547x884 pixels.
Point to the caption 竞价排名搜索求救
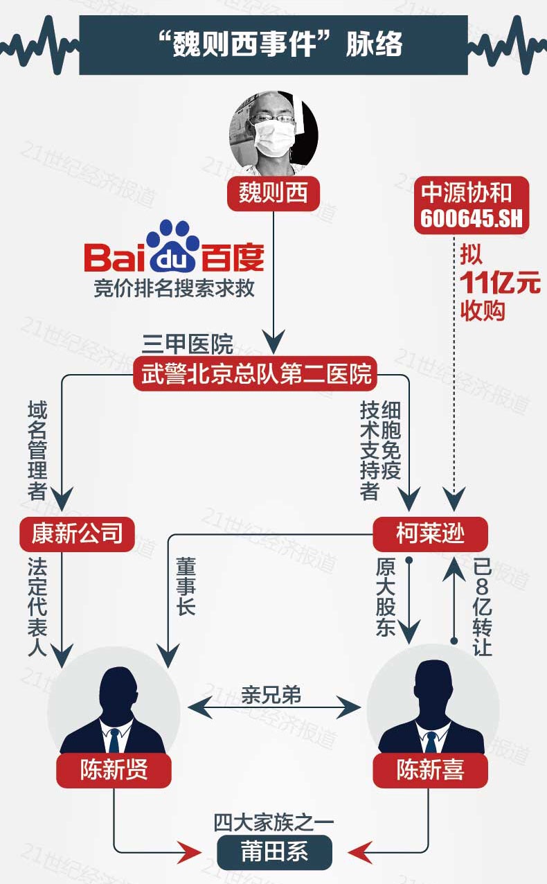pos(174,288)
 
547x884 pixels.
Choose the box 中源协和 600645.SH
pos(471,205)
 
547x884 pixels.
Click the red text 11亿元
pos(501,284)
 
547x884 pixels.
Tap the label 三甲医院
pos(188,344)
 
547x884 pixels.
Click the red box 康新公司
pos(77,533)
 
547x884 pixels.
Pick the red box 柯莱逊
pos(430,534)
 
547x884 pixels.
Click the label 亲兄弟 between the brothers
pos(271,695)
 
